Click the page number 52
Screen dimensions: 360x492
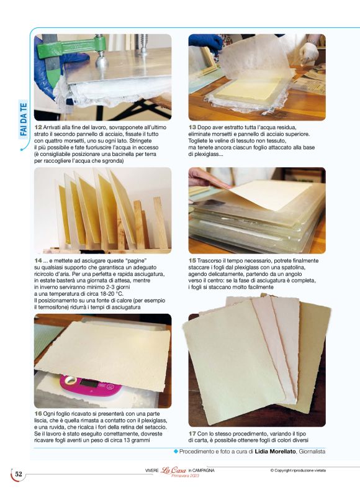tap(19, 474)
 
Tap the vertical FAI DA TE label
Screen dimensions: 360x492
tap(23, 119)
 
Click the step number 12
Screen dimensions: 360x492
tap(38, 127)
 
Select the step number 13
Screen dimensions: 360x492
tap(192, 127)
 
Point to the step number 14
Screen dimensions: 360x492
tap(38, 261)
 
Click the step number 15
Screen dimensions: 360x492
tap(192, 261)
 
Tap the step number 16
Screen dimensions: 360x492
tap(38, 414)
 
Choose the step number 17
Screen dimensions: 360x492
tap(192, 434)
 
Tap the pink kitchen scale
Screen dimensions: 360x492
tap(91, 385)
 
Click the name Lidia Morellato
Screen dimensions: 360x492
tap(276, 452)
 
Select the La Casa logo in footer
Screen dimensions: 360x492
tap(173, 470)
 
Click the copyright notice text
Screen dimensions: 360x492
tap(298, 470)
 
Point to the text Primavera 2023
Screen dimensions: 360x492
tap(185, 476)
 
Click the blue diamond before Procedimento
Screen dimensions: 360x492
tap(176, 452)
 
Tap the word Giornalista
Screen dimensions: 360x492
tap(312, 452)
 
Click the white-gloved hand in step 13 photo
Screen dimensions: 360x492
tap(308, 52)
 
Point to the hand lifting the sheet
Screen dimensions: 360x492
tap(206, 178)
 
